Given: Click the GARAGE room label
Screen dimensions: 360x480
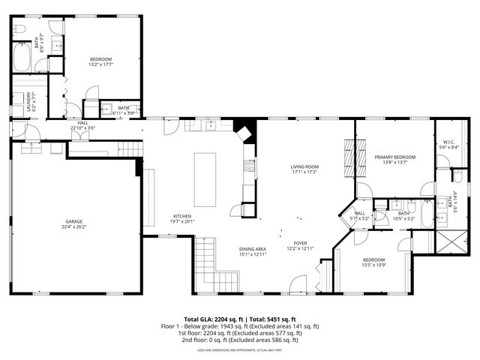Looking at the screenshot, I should click(x=73, y=221).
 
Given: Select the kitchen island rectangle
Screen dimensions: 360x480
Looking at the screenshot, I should click(x=205, y=179).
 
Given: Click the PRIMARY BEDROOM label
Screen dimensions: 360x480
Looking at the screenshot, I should click(x=395, y=156).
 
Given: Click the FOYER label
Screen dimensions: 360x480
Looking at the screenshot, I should click(x=300, y=243).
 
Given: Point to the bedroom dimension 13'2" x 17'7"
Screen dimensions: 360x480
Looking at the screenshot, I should click(x=101, y=64).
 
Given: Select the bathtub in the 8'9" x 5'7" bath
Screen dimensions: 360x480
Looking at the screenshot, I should click(x=21, y=58).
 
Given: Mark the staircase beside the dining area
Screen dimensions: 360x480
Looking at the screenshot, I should click(x=210, y=262).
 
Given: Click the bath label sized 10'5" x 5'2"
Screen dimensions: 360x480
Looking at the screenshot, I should click(x=404, y=216).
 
